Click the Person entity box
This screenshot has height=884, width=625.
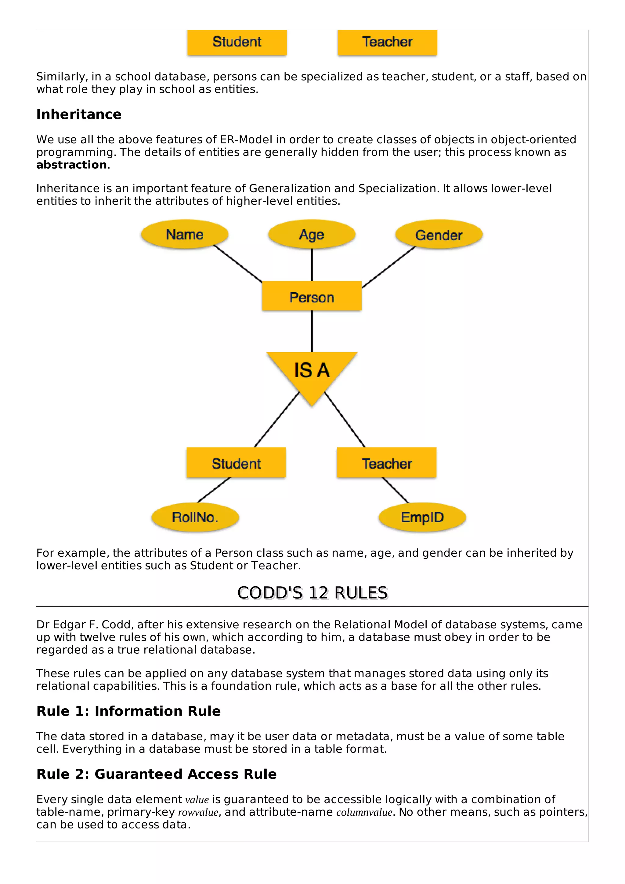click(x=312, y=297)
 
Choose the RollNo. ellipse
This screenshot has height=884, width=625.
click(x=195, y=517)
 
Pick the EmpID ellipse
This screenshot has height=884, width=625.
click(x=422, y=517)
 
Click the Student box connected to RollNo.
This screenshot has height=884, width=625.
click(x=236, y=463)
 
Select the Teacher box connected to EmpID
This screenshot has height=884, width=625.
click(x=387, y=463)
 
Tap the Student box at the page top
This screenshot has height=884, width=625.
click(x=237, y=42)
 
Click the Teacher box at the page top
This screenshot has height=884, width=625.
click(x=387, y=42)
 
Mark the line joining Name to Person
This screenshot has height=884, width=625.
click(x=238, y=264)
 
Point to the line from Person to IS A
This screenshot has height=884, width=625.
click(x=312, y=331)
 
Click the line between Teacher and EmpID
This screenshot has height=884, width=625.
click(x=396, y=490)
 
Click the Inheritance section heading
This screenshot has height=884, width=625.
click(x=79, y=114)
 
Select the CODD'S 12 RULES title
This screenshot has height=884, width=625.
click(x=312, y=593)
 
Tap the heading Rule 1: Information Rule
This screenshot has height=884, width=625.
click(x=128, y=711)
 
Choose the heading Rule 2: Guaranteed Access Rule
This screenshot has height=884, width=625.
click(x=156, y=774)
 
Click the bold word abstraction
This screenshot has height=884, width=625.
click(x=72, y=165)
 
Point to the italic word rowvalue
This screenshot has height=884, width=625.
click(x=198, y=812)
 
